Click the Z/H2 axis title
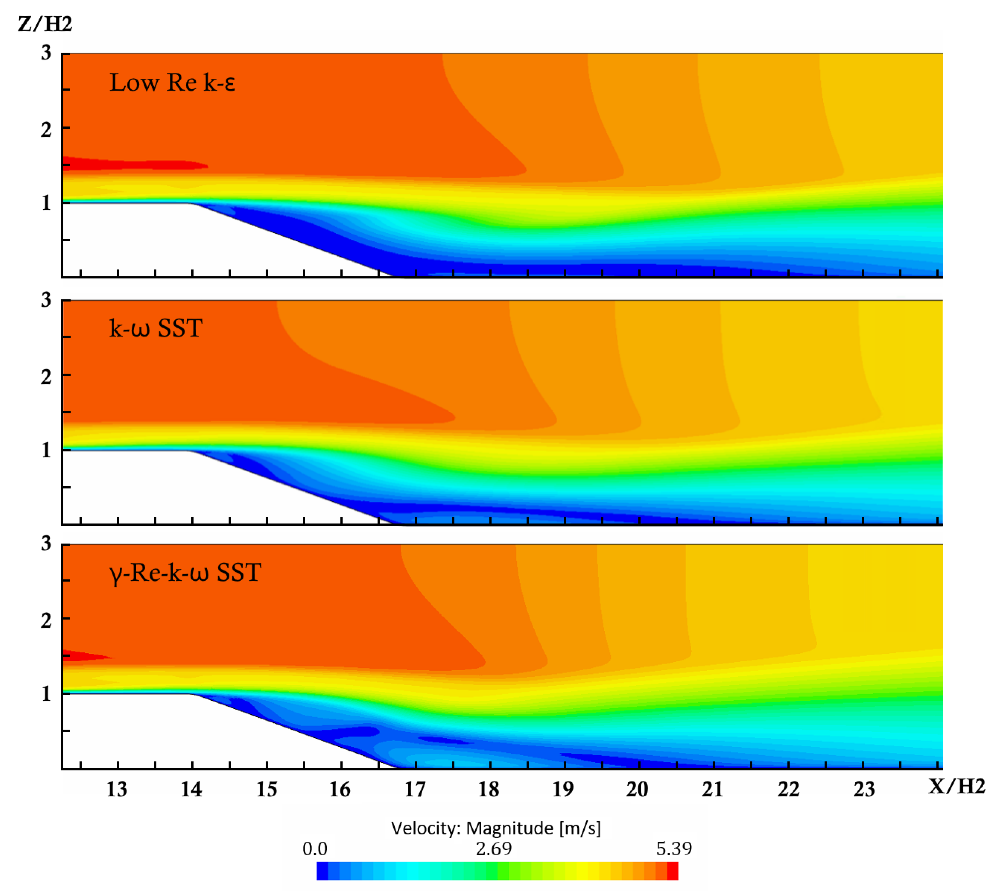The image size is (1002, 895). click(x=45, y=23)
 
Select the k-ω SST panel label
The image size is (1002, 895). click(x=156, y=328)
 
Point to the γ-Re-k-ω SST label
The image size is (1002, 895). click(x=185, y=572)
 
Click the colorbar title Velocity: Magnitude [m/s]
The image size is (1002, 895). click(x=496, y=828)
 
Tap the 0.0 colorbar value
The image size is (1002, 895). click(x=315, y=849)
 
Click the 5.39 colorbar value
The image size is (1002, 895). click(x=674, y=849)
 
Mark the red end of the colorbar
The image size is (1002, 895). click(x=672, y=871)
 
